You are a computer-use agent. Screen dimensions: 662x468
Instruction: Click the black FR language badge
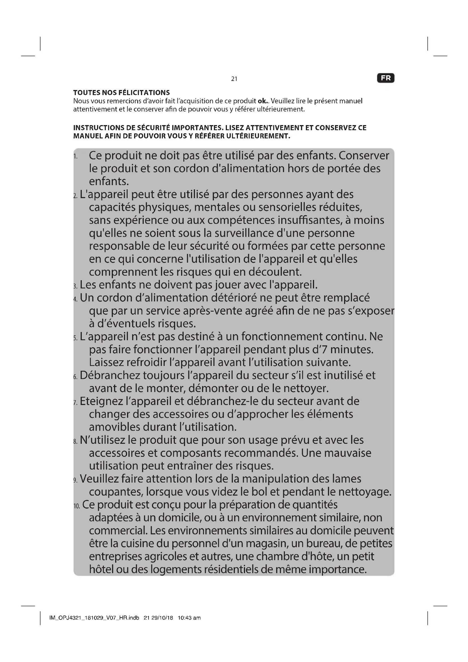coord(386,78)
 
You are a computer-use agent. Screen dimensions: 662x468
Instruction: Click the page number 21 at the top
coord(234,79)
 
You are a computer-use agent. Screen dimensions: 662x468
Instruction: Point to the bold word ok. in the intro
coord(262,101)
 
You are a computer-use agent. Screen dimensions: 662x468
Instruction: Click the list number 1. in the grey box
coord(75,157)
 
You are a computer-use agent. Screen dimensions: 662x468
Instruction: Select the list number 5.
coord(75,338)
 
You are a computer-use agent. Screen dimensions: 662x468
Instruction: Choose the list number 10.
coord(77,506)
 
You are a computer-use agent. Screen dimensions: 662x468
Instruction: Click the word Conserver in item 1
coord(364,155)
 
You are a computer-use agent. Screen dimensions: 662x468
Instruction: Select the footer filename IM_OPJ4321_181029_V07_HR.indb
coord(94,618)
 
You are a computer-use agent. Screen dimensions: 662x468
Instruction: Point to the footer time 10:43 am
coord(189,618)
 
